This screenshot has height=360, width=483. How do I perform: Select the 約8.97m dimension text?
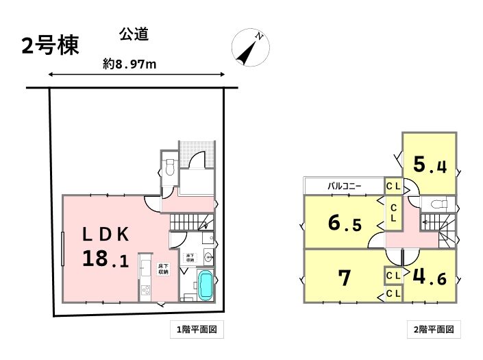click(x=130, y=64)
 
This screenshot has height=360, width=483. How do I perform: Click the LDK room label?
click(x=106, y=234)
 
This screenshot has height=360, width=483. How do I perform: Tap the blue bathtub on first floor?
click(x=206, y=284)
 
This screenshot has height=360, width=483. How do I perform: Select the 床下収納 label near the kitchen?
click(x=163, y=269)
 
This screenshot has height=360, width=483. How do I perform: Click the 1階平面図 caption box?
click(x=197, y=330)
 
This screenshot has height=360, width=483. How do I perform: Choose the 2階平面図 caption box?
click(x=433, y=330)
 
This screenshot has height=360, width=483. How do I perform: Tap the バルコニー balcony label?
click(x=345, y=186)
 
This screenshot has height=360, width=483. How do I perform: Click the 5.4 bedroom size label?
click(x=430, y=165)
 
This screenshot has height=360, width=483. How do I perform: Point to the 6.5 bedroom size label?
click(x=345, y=224)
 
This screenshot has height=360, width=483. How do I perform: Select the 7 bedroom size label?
click(x=345, y=278)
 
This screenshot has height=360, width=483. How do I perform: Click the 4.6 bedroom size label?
click(x=430, y=278)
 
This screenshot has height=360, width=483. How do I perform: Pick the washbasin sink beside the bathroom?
click(x=208, y=259)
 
